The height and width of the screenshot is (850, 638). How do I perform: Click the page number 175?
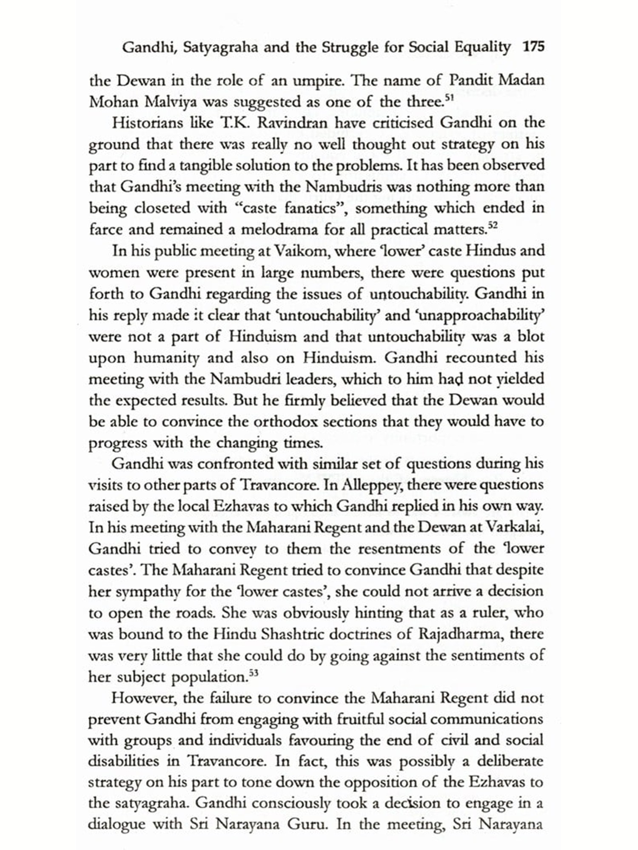pyautogui.click(x=533, y=46)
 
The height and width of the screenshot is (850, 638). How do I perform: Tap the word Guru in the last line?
pyautogui.click(x=307, y=824)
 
